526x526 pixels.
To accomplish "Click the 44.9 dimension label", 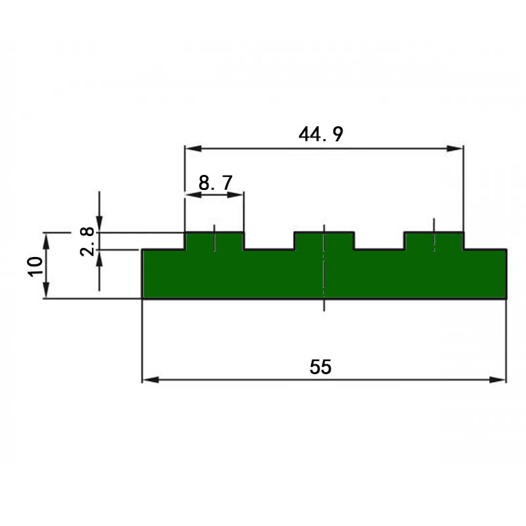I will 320,134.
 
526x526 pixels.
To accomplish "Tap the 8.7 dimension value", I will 215,183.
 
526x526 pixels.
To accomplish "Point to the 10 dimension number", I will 35,266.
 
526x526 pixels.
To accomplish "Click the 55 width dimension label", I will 320,367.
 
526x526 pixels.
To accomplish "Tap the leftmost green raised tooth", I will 214,241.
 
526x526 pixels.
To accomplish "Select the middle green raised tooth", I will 324,241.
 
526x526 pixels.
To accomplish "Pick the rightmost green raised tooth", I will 434,241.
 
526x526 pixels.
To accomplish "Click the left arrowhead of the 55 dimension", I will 149,379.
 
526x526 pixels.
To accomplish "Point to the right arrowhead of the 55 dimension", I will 500,379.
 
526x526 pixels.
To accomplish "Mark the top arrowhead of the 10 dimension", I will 47,237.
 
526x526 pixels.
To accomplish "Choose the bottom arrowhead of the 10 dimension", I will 47,293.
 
